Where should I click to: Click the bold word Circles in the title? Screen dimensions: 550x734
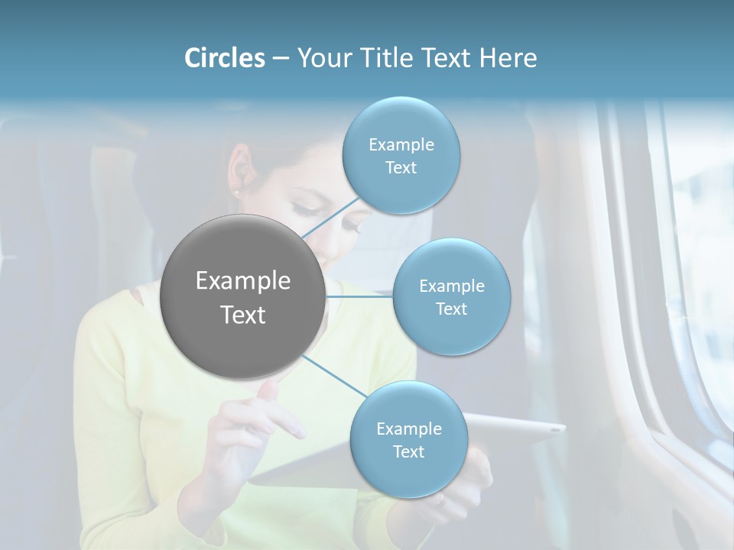click(224, 58)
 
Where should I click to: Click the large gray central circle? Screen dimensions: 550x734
click(242, 296)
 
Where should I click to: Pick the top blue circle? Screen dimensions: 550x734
click(401, 156)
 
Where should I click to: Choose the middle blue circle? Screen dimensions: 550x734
click(451, 296)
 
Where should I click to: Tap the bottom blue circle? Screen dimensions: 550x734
click(408, 440)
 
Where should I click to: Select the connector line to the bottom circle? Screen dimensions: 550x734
click(334, 376)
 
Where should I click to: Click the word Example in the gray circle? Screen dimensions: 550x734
click(243, 281)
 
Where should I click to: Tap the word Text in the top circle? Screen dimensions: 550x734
click(401, 168)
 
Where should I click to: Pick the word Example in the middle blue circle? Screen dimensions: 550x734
click(451, 286)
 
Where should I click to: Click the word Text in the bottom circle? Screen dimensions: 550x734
click(408, 452)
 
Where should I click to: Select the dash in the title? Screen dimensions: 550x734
click(280, 58)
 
